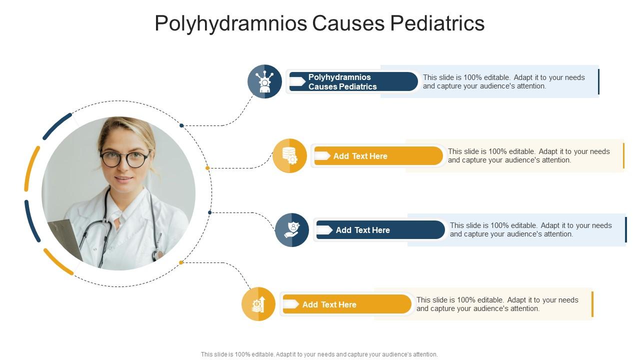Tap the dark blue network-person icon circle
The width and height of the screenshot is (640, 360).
pos(264,81)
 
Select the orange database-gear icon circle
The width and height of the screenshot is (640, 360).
pos(289,156)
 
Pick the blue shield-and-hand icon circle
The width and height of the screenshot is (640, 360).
pos(292,230)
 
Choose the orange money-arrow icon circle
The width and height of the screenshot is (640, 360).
pos(258,304)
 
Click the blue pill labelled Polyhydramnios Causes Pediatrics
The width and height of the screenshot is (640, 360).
pos(353,81)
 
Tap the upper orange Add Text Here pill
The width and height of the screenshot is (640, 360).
pos(378,156)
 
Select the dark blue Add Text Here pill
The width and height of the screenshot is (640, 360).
pos(380,230)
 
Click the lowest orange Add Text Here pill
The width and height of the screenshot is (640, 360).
pos(347,304)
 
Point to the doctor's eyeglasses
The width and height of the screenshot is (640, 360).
pos(124,158)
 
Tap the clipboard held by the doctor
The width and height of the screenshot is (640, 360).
pos(65,239)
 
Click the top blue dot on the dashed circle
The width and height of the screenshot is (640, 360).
pos(181,125)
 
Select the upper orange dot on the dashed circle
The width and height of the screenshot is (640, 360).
pos(207,168)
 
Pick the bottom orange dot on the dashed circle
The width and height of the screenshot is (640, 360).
pos(181,262)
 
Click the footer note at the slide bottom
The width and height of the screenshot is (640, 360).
pos(319,354)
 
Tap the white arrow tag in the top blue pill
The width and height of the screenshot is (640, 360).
pos(297,81)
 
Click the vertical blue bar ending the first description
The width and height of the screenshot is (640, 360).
pos(598,81)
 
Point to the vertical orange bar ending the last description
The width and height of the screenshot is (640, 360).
pos(592,304)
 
